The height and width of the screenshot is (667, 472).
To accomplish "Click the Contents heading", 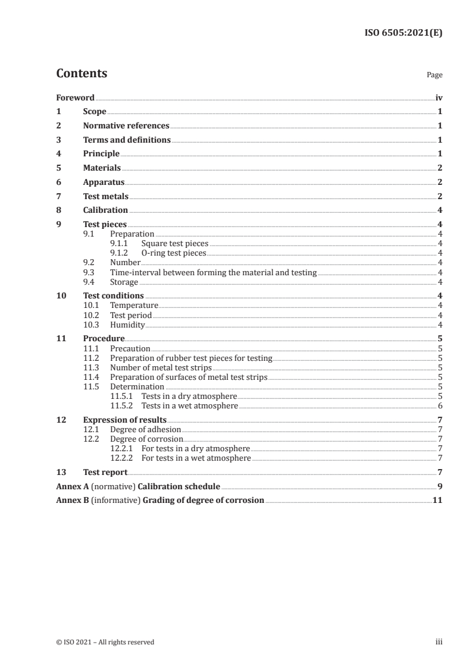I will click(x=82, y=74).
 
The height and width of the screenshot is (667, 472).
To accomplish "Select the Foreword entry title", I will click(x=75, y=97).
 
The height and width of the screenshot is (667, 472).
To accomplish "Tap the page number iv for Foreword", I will click(x=439, y=97).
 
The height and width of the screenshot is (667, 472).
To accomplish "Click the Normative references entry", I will click(x=126, y=125).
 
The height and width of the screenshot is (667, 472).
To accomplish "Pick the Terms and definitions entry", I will click(x=127, y=140).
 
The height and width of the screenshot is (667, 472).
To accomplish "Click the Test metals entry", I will click(x=105, y=196).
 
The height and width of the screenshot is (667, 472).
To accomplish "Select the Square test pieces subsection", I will click(x=175, y=244).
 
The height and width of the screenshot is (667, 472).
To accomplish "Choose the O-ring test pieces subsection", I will click(x=174, y=253).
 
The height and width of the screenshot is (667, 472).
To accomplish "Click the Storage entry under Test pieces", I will click(x=124, y=282).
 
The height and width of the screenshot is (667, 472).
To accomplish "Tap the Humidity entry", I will click(x=127, y=324).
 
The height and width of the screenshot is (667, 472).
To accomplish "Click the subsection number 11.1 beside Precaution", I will click(x=91, y=348).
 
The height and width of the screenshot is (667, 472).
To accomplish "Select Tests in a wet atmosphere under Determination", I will click(x=189, y=405).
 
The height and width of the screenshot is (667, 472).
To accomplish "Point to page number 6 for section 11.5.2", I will click(x=440, y=405).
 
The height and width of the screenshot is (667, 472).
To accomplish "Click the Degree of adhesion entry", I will click(x=145, y=429).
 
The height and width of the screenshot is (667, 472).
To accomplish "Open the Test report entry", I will click(x=105, y=472).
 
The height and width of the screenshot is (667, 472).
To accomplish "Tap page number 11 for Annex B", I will click(x=437, y=500).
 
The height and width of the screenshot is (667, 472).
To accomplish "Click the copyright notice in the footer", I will click(x=105, y=642).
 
